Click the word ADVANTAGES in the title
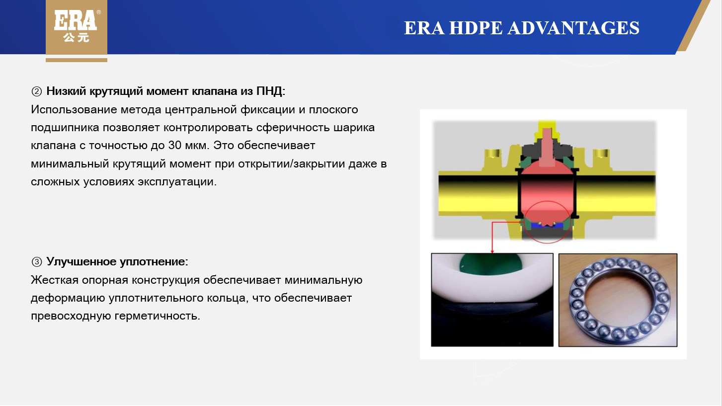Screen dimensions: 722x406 coord(574,28)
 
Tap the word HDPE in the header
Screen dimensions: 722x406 coord(476,28)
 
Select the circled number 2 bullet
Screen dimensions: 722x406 coord(36,91)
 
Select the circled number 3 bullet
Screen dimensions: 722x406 coord(36,262)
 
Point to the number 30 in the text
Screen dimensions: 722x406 coord(175,145)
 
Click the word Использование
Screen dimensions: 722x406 coord(74,109)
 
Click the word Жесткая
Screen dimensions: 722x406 coord(55,280)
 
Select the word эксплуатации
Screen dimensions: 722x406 coord(177,182)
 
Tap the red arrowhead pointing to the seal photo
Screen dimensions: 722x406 coord(492,251)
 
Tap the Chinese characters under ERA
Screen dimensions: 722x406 coord(76,37)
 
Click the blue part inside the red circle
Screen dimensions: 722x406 coord(547,225)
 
